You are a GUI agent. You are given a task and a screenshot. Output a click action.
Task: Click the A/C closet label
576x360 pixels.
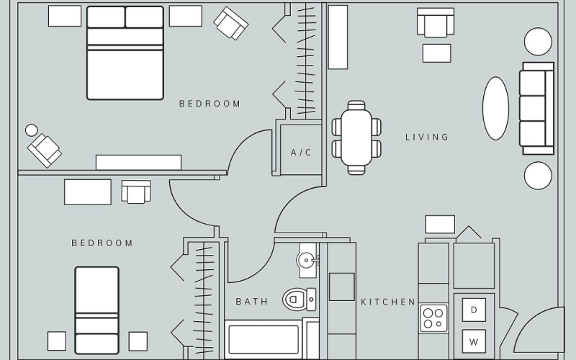pos(301,152)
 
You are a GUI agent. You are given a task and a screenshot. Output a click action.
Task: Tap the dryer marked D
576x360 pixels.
pos(474,310)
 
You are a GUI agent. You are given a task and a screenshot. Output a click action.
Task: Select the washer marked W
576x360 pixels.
pos(474,341)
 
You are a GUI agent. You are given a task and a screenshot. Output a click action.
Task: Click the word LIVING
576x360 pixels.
pos(427,137)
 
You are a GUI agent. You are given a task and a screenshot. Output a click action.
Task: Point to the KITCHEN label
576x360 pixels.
pos(388,302)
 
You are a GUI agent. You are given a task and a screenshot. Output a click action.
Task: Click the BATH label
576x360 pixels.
pos(251,302)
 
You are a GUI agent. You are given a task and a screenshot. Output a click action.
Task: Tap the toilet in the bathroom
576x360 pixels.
pos(299,299)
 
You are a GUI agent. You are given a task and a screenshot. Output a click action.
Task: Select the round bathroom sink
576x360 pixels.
pos(306,260)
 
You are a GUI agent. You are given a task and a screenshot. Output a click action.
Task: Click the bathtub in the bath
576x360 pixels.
pos(264,339)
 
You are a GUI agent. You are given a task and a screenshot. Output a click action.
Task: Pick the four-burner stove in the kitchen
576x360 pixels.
pos(434,318)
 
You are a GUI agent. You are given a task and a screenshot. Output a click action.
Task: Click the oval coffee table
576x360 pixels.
pos(495,109)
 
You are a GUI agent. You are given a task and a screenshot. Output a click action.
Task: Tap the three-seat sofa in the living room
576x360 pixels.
pos(536,109)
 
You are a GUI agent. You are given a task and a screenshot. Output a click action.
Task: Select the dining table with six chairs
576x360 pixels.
pos(356,138)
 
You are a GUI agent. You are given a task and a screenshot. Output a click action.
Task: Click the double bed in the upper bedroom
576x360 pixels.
pos(125,53)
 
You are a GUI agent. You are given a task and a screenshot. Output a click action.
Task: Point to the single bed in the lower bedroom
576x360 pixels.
pos(97,310)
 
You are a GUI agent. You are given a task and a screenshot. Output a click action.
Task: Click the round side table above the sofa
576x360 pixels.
pos(538,42)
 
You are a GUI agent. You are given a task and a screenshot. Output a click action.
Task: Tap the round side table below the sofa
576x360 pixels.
pos(538,176)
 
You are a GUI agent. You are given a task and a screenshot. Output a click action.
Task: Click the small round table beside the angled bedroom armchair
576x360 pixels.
pos(31,130)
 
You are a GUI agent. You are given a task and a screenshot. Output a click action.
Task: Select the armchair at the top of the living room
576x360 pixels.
pos(436,22)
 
